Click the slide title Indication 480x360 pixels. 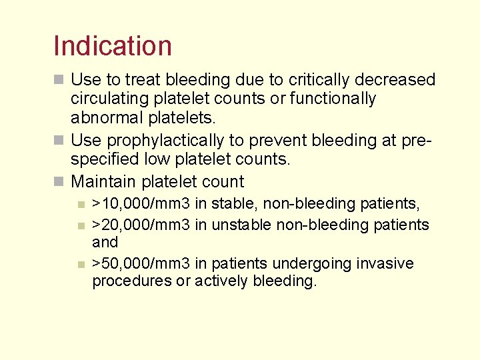(x=113, y=46)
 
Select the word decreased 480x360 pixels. (x=395, y=80)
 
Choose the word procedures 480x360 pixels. (x=131, y=281)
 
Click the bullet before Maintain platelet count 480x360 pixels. (x=59, y=182)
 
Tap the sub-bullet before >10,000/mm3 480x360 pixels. (x=80, y=203)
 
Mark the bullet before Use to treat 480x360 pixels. (x=59, y=81)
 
